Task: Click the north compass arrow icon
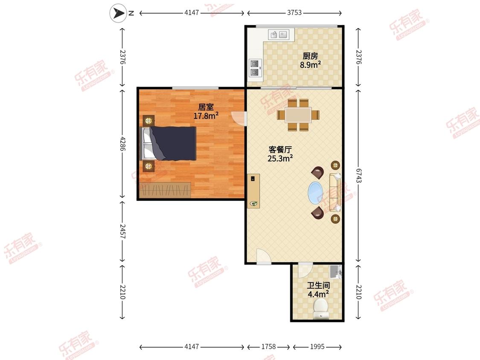click(118, 13)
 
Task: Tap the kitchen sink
click(279, 35)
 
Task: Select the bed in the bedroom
click(168, 143)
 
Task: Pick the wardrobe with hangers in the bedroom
click(165, 190)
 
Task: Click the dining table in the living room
click(298, 115)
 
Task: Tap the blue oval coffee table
click(315, 193)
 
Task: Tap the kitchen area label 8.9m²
click(311, 65)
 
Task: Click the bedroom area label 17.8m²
click(206, 116)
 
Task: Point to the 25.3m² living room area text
click(280, 158)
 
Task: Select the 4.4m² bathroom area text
click(318, 294)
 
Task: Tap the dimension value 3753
click(294, 12)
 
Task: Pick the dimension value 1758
click(268, 346)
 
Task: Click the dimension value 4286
click(122, 144)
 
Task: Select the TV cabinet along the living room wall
click(253, 191)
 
